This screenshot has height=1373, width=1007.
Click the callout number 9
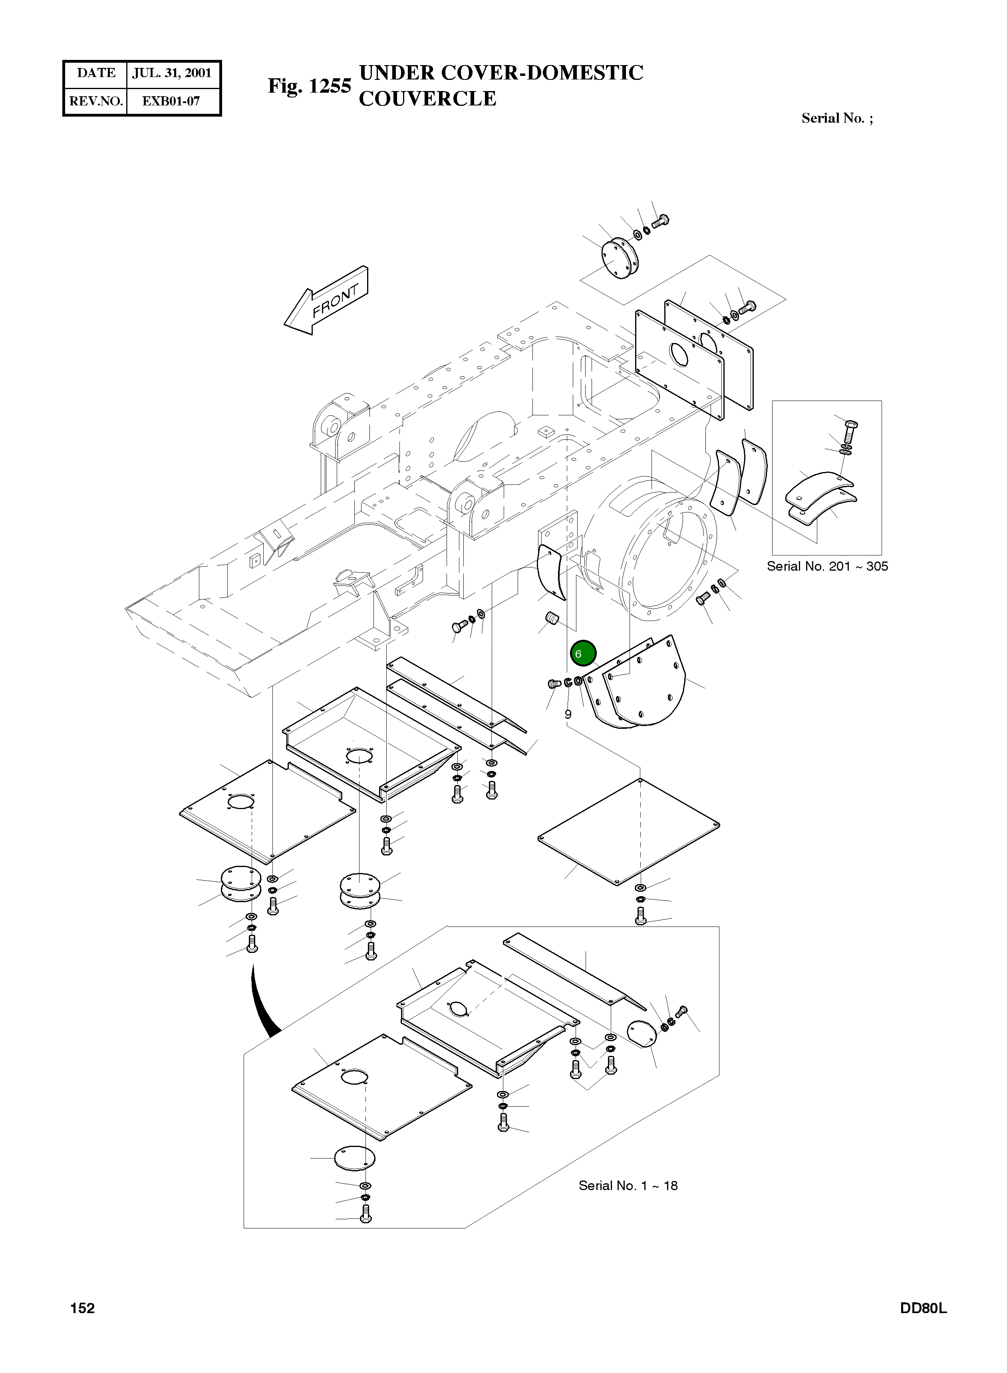[x=568, y=714]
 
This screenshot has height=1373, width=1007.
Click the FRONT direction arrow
[x=326, y=300]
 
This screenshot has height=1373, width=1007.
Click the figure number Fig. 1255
[x=310, y=86]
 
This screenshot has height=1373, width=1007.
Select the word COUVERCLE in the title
[x=427, y=99]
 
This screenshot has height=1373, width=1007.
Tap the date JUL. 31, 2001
[x=173, y=73]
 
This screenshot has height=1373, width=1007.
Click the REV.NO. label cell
[x=96, y=101]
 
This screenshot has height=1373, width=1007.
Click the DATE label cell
[x=96, y=73]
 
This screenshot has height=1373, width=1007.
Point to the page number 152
[x=82, y=1308]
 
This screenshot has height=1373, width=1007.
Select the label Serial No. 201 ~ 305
[x=827, y=566]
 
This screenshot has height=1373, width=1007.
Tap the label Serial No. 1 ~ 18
[x=628, y=1185]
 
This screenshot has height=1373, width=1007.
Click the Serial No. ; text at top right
[x=837, y=118]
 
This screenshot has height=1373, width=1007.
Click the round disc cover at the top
[x=619, y=259]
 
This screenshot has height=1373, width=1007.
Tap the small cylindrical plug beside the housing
[x=551, y=620]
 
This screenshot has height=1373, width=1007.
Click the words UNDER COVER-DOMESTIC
[x=501, y=73]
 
